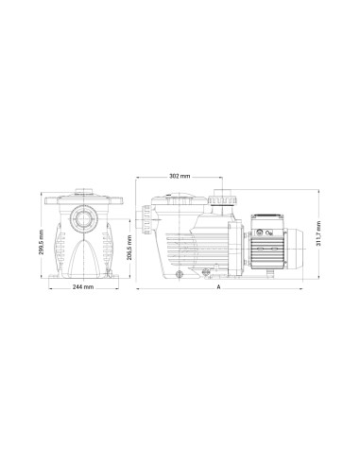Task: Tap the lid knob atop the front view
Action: click(83, 193)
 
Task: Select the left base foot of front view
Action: click(58, 273)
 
